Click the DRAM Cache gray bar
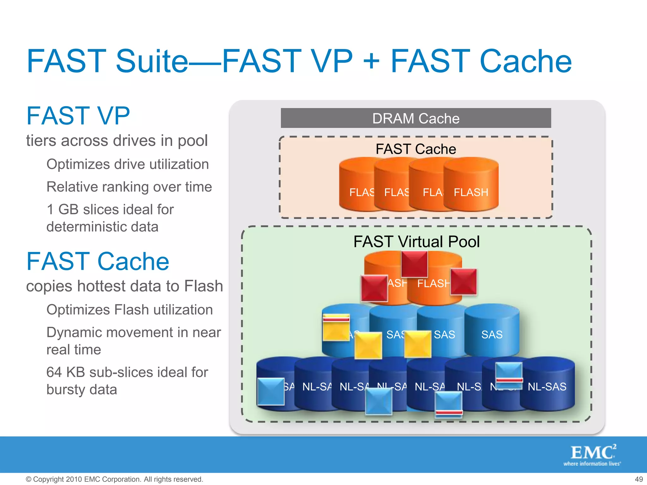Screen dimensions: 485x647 pyautogui.click(x=416, y=118)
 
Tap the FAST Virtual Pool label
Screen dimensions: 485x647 pyautogui.click(x=416, y=242)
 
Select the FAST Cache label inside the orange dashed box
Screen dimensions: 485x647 pyautogui.click(x=416, y=149)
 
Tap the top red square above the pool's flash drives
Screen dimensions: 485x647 pyautogui.click(x=414, y=264)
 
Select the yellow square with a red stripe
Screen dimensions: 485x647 pyautogui.click(x=336, y=327)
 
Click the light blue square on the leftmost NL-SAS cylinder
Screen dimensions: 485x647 pyautogui.click(x=271, y=392)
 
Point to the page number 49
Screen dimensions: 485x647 pyautogui.click(x=639, y=479)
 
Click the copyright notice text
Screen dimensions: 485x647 pyautogui.click(x=114, y=479)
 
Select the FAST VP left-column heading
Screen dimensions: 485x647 pyautogui.click(x=78, y=116)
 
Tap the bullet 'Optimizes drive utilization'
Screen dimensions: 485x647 pyautogui.click(x=128, y=164)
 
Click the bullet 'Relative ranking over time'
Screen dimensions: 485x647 pyautogui.click(x=129, y=187)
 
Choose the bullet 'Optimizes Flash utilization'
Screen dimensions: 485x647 pyautogui.click(x=130, y=310)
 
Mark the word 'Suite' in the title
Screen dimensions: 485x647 pyautogui.click(x=152, y=61)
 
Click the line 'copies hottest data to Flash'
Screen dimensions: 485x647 pyautogui.click(x=124, y=286)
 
